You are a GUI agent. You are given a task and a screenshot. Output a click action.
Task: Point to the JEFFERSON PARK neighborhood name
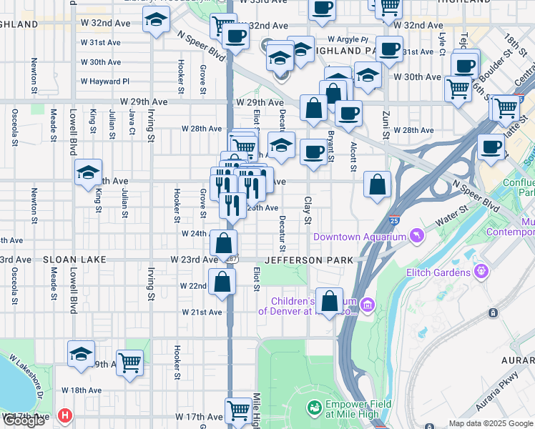coord(310,260)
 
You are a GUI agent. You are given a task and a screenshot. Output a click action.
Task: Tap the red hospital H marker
coord(66,414)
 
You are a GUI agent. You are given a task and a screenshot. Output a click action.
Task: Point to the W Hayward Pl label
coord(105,82)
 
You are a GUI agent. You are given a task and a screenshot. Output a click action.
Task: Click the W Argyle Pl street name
coord(348,39)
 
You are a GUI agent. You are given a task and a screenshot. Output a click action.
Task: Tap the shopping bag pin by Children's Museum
coord(330,301)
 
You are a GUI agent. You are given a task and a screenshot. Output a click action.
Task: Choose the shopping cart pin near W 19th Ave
coord(129,363)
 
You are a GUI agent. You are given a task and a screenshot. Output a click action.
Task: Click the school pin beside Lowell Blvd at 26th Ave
coord(88,173)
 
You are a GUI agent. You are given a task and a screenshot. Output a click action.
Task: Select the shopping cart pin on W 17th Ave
coord(239,410)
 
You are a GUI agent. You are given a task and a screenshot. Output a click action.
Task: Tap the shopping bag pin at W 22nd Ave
coord(222,281)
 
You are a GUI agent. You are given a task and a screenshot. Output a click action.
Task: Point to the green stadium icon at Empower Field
coord(313,408)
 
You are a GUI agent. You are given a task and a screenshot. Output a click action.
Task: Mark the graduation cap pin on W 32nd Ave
coord(155,21)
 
